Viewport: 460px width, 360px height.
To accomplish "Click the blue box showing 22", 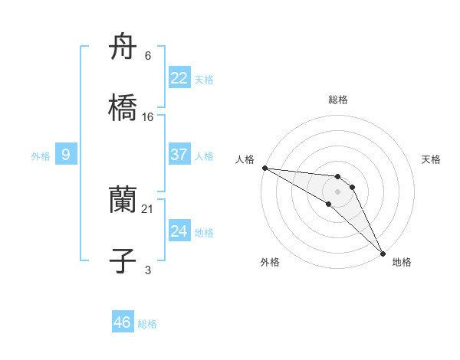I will [179, 78].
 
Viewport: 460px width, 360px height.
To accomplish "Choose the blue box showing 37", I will [179, 155].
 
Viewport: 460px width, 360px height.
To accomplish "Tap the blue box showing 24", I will [179, 231].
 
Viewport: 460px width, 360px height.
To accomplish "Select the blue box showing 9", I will [66, 155].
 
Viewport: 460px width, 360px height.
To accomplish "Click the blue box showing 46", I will [123, 322].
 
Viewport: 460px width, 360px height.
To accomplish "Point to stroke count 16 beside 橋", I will [148, 116].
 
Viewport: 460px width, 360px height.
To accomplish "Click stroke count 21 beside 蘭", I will [148, 208].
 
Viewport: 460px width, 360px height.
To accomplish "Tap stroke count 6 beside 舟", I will [148, 55].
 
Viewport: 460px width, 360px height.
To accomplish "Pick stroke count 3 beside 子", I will [148, 269].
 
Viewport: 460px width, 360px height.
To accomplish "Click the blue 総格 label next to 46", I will [147, 324].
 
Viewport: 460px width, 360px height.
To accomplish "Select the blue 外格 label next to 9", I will [41, 156].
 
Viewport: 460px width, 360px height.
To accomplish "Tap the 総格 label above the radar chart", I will [338, 100].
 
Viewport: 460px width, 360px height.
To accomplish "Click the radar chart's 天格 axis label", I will [431, 159].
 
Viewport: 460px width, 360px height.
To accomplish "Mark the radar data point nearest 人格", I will [264, 168].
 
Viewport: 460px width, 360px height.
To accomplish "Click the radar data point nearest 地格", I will [383, 252].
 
